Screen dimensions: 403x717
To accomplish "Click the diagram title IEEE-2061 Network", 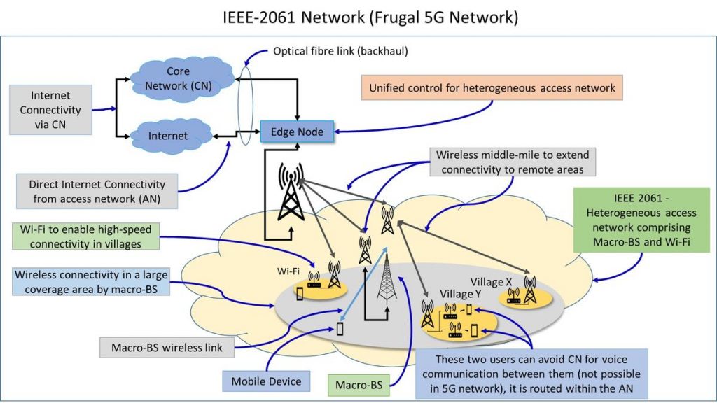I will [358, 17].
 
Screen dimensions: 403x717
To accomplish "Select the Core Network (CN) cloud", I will [178, 79].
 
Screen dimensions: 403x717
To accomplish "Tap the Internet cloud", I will [167, 136].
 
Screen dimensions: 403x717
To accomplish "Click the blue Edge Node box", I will [297, 130].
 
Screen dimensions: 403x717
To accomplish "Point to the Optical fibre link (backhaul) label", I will [340, 52].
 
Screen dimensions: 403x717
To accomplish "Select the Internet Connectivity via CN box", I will [50, 110].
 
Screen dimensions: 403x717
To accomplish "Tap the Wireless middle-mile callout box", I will [513, 161].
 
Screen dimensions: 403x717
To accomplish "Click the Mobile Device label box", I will [267, 381].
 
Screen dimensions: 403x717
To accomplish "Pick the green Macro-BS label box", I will [358, 384].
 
